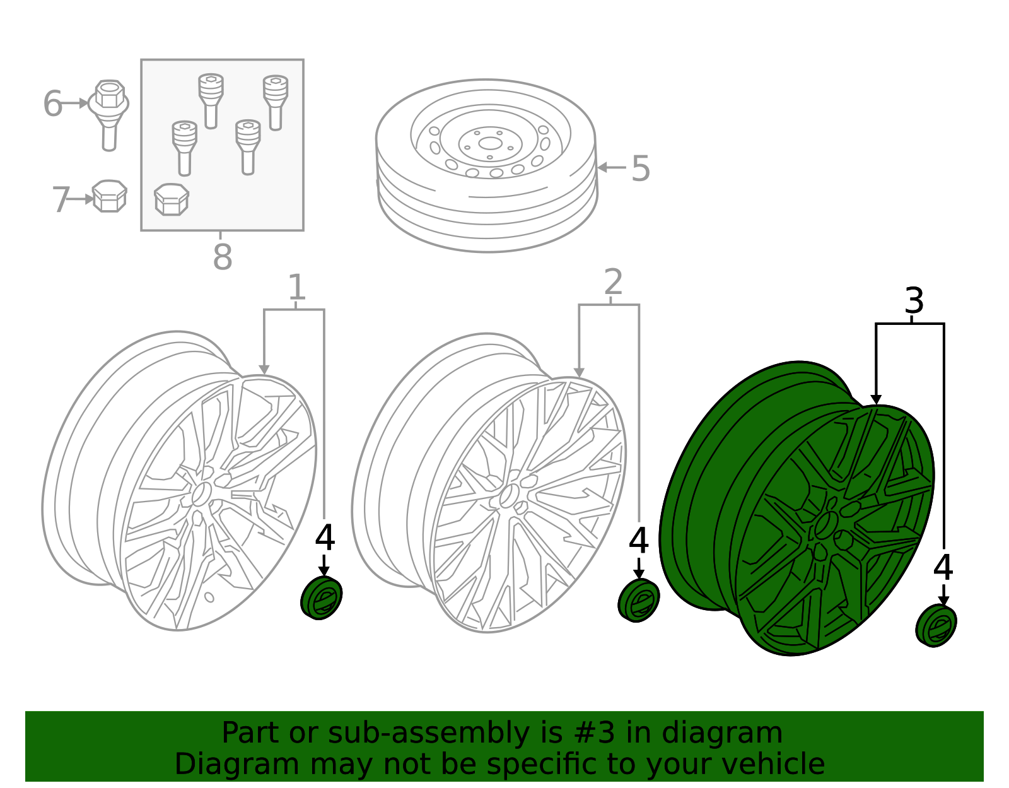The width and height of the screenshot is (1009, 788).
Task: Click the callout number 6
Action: point(52,104)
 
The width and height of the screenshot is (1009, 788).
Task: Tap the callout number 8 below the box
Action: point(222,257)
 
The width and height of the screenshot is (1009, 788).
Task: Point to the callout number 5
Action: point(640,169)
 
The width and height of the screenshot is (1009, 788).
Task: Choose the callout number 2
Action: point(613,282)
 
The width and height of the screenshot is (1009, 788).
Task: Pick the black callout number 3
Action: point(914,301)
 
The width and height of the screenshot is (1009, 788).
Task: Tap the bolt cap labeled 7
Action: point(110,196)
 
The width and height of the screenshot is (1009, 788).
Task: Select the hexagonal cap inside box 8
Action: point(171,199)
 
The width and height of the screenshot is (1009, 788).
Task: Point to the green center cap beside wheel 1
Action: point(322,598)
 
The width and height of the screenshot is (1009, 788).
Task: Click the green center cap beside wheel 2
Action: point(638,600)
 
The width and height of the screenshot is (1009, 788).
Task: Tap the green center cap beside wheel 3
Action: point(936,625)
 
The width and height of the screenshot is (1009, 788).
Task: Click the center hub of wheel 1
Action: point(201,493)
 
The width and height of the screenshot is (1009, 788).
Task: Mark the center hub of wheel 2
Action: point(508,496)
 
